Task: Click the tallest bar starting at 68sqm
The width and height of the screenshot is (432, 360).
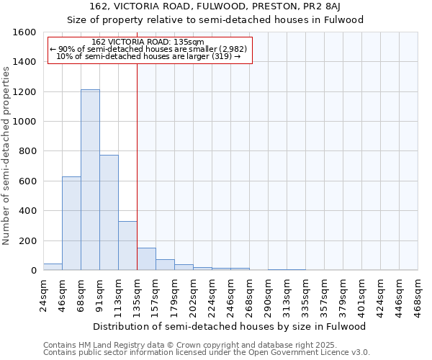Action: pyautogui.click(x=90, y=180)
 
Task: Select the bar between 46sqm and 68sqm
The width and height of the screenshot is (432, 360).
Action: pyautogui.click(x=71, y=223)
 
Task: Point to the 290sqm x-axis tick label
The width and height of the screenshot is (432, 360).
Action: pyautogui.click(x=268, y=295)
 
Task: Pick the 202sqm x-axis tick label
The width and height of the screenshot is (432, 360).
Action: pyautogui.click(x=193, y=295)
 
